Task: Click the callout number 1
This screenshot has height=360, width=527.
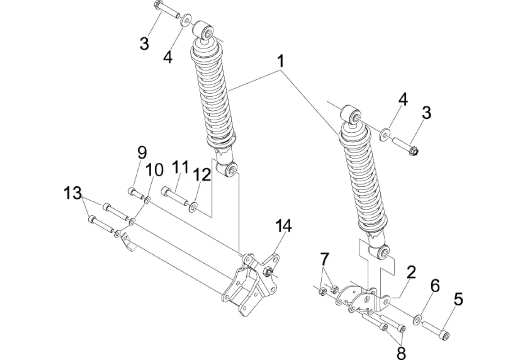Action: pyautogui.click(x=281, y=62)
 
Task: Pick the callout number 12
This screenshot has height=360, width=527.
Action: pyautogui.click(x=202, y=175)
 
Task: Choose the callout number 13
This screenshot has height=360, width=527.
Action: pyautogui.click(x=73, y=193)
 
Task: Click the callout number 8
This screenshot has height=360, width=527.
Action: pyautogui.click(x=401, y=353)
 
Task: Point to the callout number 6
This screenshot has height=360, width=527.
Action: pyautogui.click(x=435, y=286)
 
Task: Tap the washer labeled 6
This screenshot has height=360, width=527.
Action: pyautogui.click(x=418, y=319)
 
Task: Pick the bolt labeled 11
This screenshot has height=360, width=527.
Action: pyautogui.click(x=175, y=196)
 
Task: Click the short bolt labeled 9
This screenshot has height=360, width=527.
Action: pyautogui.click(x=136, y=193)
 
